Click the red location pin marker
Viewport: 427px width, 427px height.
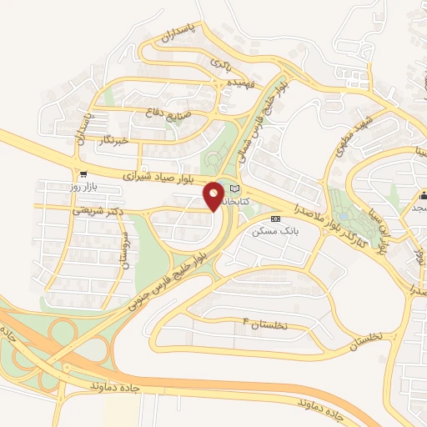point(213,196)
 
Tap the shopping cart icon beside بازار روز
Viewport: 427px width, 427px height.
point(83,174)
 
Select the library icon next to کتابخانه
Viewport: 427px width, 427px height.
point(234,188)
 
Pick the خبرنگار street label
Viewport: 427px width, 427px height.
point(113,139)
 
